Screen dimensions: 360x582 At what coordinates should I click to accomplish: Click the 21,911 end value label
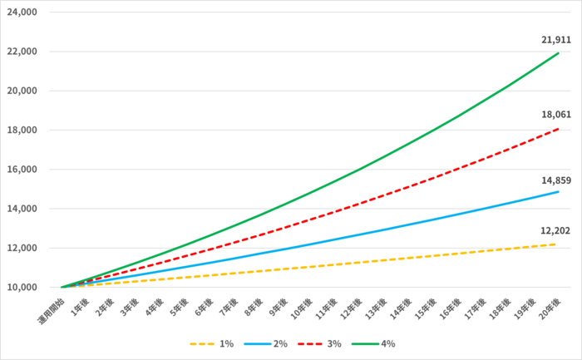point(555,40)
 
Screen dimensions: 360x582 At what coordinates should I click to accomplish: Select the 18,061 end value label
point(555,116)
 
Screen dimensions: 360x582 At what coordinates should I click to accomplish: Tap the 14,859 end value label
point(555,179)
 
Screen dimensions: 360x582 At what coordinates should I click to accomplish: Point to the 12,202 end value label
point(555,230)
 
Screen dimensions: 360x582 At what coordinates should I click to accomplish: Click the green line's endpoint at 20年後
point(558,53)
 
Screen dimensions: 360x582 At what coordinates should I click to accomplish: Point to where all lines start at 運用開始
point(62,288)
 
